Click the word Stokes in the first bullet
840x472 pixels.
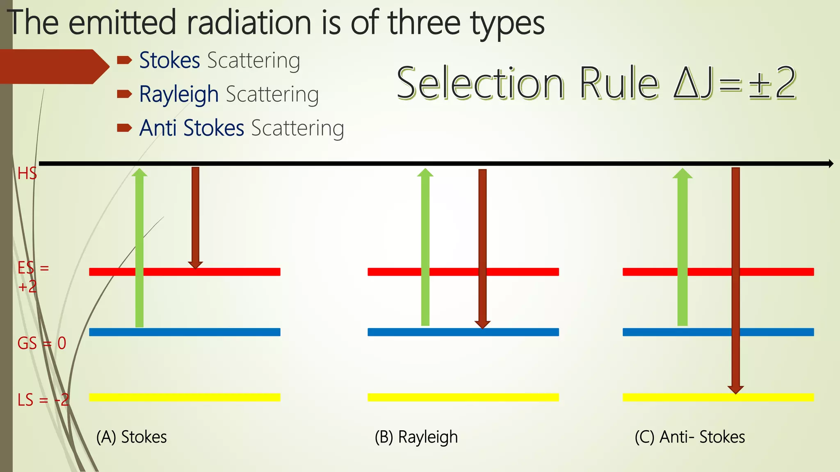point(169,61)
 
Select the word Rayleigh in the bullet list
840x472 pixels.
point(179,95)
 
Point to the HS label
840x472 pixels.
point(27,174)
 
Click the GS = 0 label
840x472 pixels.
point(41,343)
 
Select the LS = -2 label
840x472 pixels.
point(43,399)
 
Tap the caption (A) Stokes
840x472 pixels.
point(131,437)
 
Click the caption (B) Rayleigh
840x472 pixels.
point(416,437)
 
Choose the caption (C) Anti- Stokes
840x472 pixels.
point(689,437)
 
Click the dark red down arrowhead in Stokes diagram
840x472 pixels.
point(195,265)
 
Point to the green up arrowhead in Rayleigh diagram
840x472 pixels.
point(425,173)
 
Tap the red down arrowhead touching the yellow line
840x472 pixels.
point(735,389)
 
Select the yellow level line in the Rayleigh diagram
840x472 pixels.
point(463,397)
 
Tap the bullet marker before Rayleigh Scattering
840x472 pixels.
point(124,95)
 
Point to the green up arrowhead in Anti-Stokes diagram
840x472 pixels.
point(682,173)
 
